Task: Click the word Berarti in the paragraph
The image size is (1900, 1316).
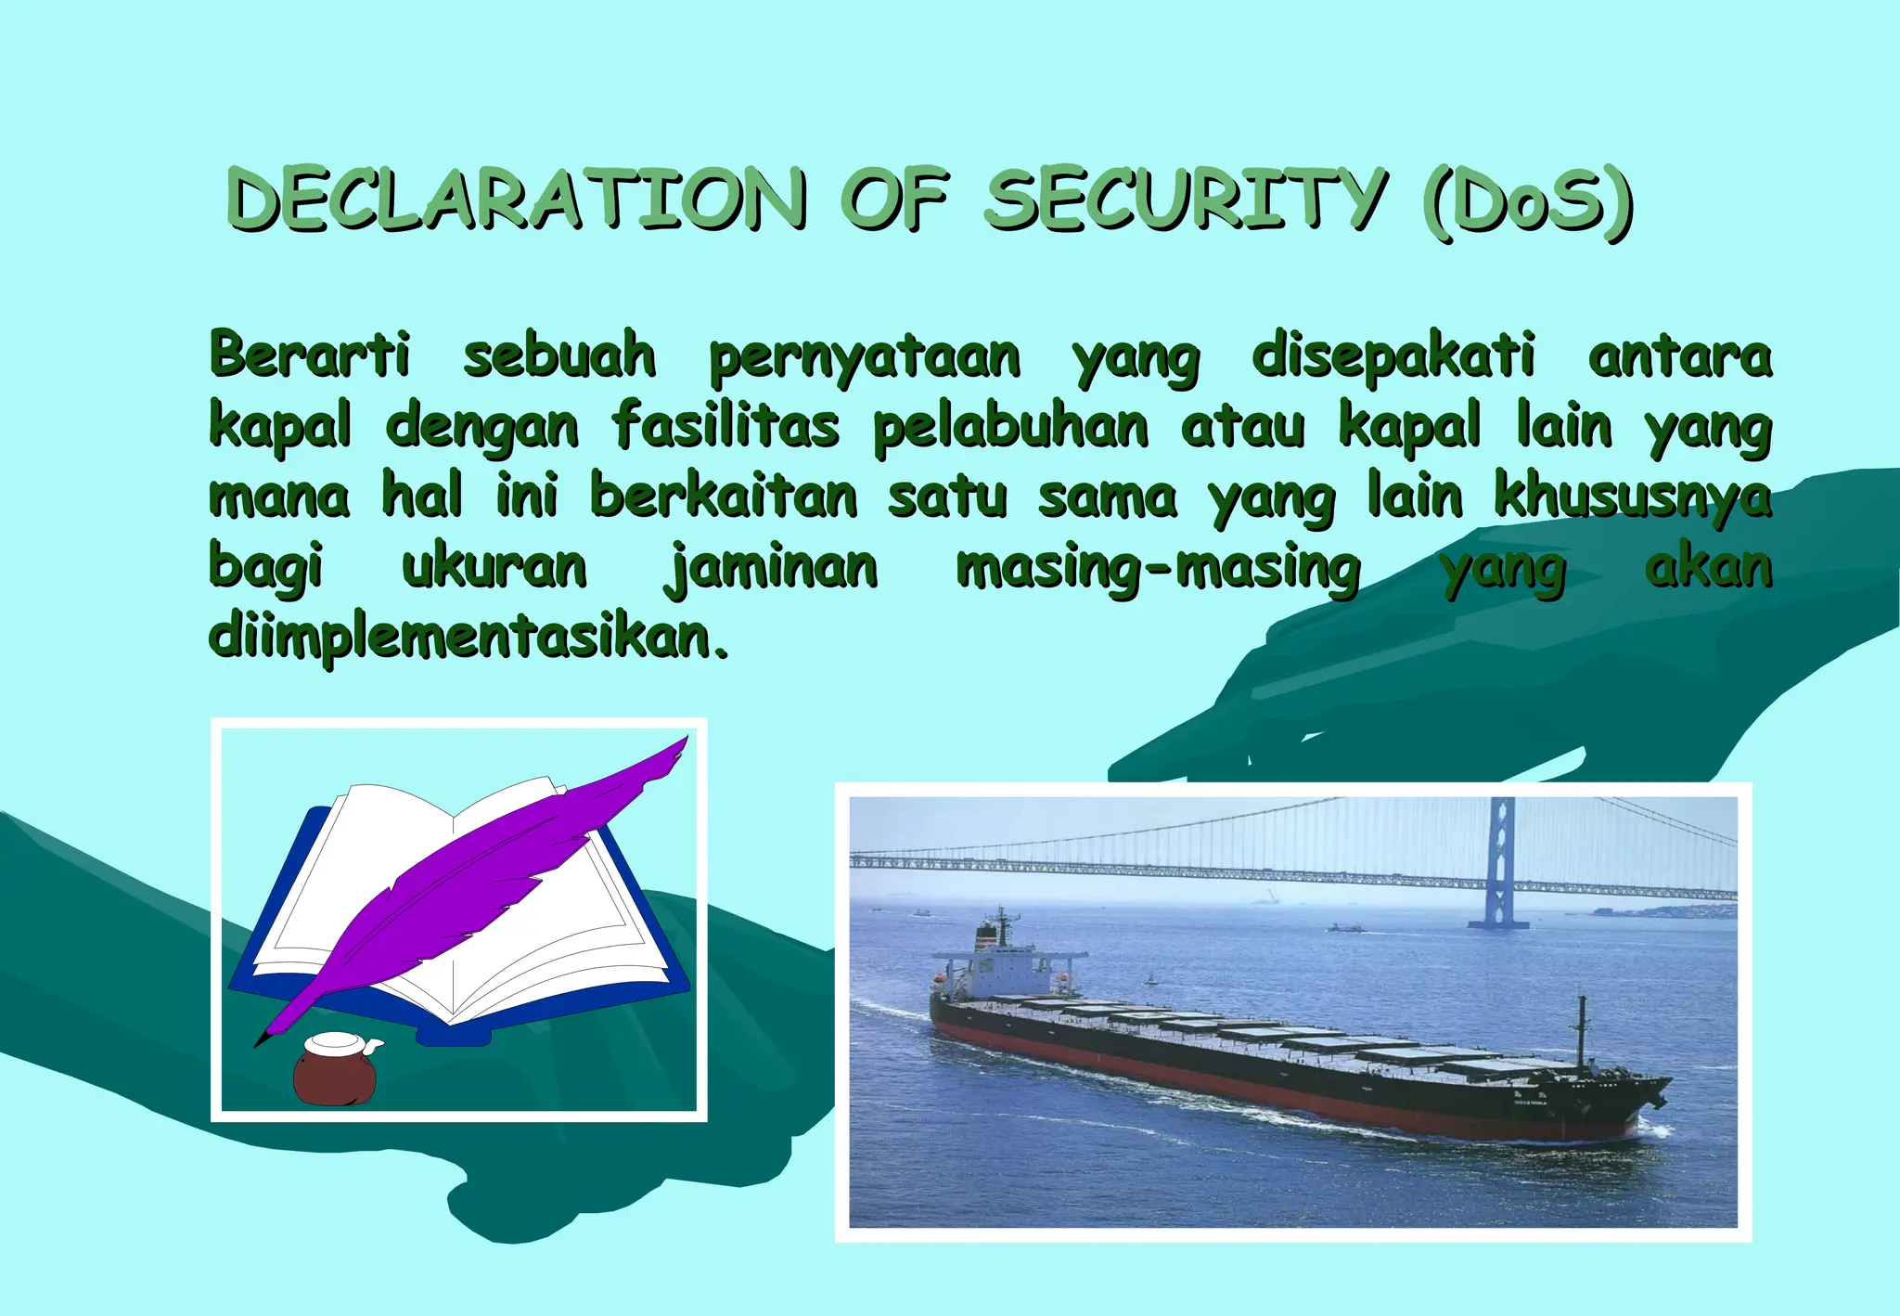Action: [309, 355]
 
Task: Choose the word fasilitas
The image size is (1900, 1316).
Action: [725, 427]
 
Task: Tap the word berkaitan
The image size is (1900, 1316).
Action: [724, 497]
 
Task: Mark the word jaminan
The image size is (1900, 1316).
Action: [771, 569]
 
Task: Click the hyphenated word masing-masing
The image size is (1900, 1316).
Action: [1158, 569]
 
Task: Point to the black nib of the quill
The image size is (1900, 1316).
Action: [263, 1039]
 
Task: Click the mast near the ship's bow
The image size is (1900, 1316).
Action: [1582, 1030]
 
